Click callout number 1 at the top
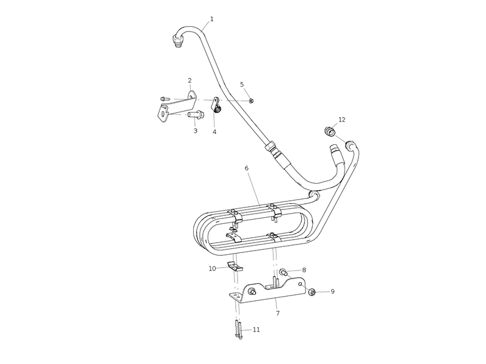click(x=212, y=19)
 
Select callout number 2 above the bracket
click(x=190, y=81)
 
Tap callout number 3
click(x=195, y=130)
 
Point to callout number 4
click(x=214, y=132)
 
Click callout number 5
click(x=242, y=84)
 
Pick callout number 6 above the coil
click(x=247, y=168)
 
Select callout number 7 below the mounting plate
click(x=278, y=313)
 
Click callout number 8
click(x=304, y=270)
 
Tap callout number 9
click(x=332, y=291)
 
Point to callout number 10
click(x=212, y=268)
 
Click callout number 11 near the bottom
click(x=256, y=329)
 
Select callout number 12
click(x=342, y=120)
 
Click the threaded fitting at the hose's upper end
click(x=177, y=41)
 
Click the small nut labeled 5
click(x=252, y=101)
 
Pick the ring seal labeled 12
click(x=329, y=131)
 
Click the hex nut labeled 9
click(x=312, y=292)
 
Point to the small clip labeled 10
click(x=235, y=266)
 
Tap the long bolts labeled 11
click(x=238, y=329)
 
